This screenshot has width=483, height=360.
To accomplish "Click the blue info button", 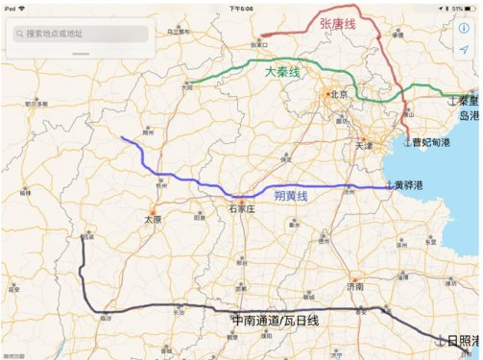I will [x=464, y=28].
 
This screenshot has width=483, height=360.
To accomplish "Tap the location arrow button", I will [x=464, y=49].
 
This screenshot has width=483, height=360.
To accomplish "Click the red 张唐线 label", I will [x=337, y=24].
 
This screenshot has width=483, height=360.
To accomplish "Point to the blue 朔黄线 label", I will [x=290, y=196].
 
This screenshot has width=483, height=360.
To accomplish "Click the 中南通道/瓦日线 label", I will [x=275, y=320].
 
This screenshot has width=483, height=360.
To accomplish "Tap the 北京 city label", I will [x=337, y=95].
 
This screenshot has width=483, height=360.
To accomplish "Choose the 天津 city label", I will [x=362, y=146].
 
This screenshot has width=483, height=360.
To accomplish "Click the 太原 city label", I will [x=150, y=218].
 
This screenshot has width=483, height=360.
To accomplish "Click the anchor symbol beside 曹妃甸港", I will [x=407, y=142].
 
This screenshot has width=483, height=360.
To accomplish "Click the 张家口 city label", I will [x=259, y=43].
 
